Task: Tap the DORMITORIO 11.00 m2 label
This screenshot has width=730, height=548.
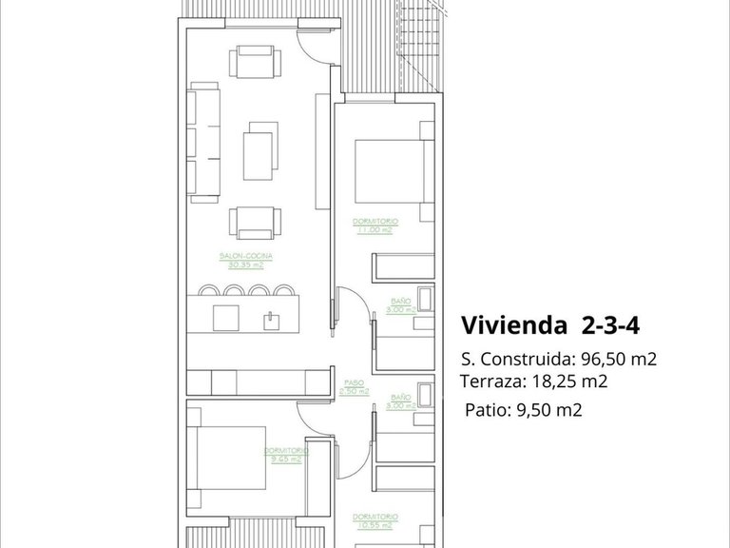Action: [x=377, y=224]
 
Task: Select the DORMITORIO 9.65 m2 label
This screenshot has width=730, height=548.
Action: [x=284, y=454]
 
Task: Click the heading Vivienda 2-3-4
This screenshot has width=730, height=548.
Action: [x=550, y=325]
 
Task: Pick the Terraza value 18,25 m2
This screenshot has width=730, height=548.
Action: [x=568, y=382]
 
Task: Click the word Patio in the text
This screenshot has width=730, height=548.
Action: [x=486, y=411]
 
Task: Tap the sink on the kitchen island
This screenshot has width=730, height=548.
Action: [x=272, y=316]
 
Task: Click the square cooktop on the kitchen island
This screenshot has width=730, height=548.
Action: [x=226, y=317]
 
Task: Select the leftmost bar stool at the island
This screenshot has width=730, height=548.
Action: [x=209, y=290]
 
